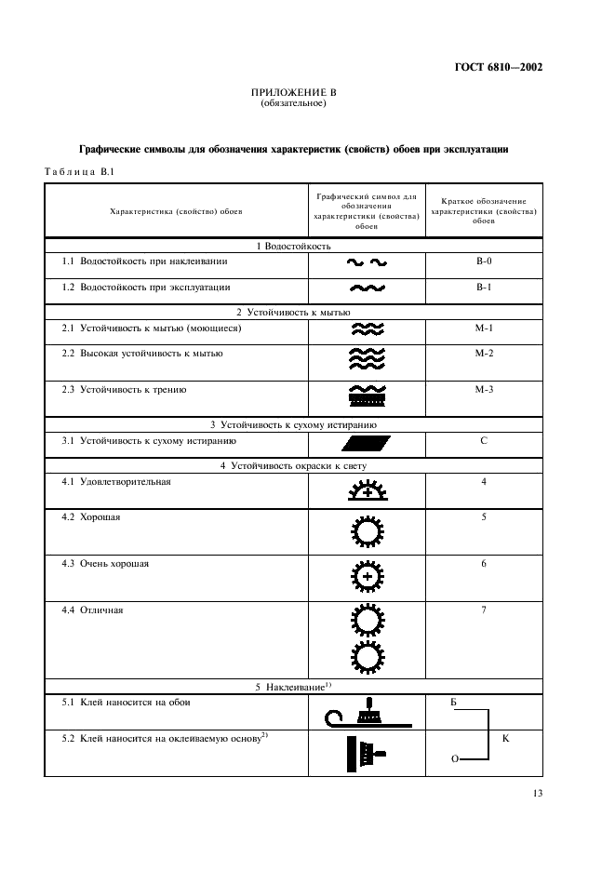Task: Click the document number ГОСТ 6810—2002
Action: [x=499, y=67]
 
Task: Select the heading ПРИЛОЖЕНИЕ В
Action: [x=293, y=93]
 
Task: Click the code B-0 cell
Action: [x=483, y=261]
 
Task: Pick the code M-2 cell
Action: [x=483, y=354]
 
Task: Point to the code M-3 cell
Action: [x=483, y=390]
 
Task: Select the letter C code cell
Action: [x=483, y=441]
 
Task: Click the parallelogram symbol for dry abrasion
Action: [x=367, y=443]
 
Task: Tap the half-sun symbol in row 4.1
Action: [x=367, y=489]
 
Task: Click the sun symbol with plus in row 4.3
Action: [x=367, y=577]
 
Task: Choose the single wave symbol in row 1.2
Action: [x=367, y=288]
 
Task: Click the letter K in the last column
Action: [x=505, y=738]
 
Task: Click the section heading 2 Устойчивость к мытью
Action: [x=293, y=312]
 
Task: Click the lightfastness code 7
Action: [x=483, y=610]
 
